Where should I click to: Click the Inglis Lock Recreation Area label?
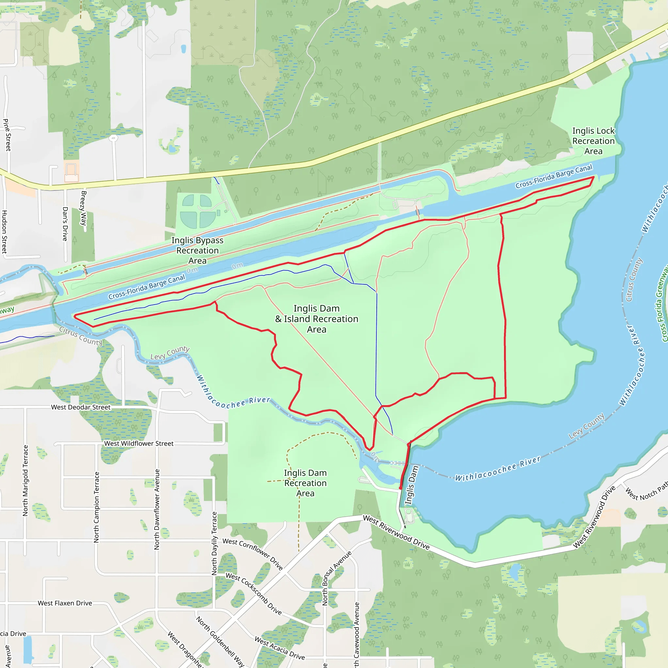coord(593,141)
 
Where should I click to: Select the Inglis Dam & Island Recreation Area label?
coord(316,319)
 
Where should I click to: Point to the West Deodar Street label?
coord(81,407)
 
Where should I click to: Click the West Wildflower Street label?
coord(139,444)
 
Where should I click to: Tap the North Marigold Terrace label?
coord(25,480)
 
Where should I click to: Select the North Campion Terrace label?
coord(97,507)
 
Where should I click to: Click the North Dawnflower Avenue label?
coord(157,509)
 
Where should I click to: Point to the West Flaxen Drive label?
coord(65,603)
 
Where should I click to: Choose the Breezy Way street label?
coord(83,208)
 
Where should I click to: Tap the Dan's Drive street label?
coord(65,224)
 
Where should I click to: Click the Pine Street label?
coord(7,135)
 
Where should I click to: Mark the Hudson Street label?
coord(4,232)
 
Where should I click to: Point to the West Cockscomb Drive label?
coord(253,594)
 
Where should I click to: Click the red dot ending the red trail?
coord(401,488)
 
